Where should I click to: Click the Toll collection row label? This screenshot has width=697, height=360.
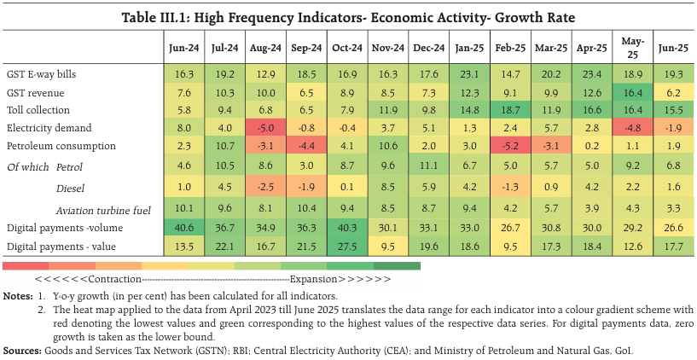pyautogui.click(x=39, y=110)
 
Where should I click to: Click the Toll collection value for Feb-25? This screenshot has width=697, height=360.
pyautogui.click(x=509, y=110)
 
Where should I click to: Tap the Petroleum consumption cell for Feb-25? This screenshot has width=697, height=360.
pyautogui.click(x=509, y=145)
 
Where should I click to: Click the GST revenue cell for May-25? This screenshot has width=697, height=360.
pyautogui.click(x=633, y=92)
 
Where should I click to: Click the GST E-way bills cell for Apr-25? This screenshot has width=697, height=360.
pyautogui.click(x=591, y=75)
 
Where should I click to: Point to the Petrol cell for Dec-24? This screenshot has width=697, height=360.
pyautogui.click(x=427, y=165)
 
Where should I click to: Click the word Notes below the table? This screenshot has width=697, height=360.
pyautogui.click(x=17, y=295)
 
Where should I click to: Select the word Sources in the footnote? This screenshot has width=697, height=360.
pyautogui.click(x=23, y=351)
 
